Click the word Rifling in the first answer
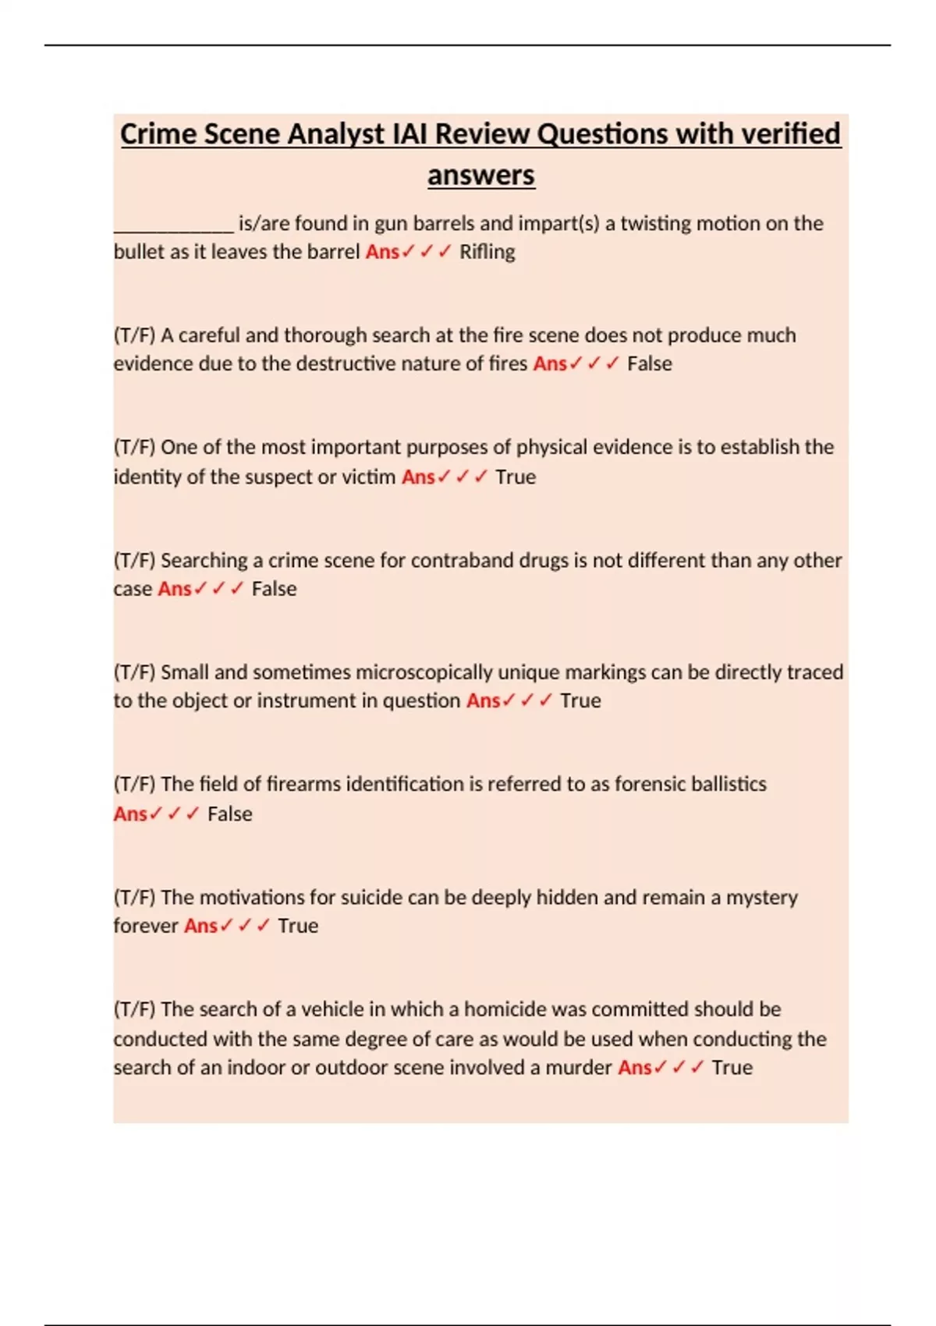pyautogui.click(x=487, y=252)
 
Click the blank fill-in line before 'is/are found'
pyautogui.click(x=173, y=226)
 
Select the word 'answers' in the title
pyautogui.click(x=480, y=175)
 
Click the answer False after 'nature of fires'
pyautogui.click(x=649, y=363)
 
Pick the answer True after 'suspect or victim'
pyautogui.click(x=516, y=477)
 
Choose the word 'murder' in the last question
pyautogui.click(x=578, y=1067)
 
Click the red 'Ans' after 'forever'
pyautogui.click(x=200, y=926)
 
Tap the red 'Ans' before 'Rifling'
pyautogui.click(x=382, y=252)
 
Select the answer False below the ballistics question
pyautogui.click(x=229, y=814)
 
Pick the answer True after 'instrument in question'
pyautogui.click(x=580, y=700)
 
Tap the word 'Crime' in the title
pyautogui.click(x=158, y=134)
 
